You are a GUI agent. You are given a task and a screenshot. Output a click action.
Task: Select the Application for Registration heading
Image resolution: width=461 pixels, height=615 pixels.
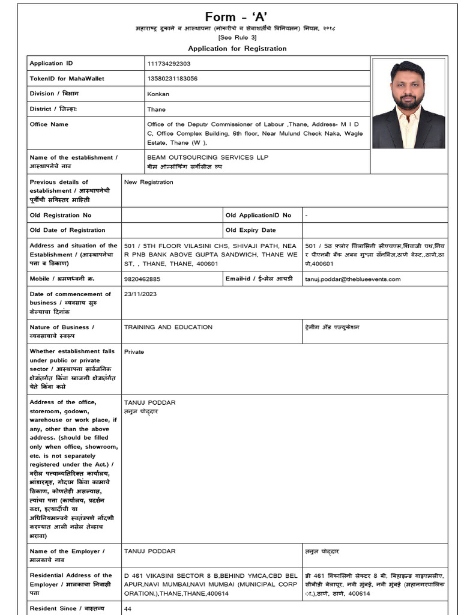(237, 49)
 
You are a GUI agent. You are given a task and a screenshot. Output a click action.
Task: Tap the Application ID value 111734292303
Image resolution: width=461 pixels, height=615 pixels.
(169, 64)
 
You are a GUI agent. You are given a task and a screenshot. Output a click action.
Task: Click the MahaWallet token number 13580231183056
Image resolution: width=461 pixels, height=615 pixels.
(172, 79)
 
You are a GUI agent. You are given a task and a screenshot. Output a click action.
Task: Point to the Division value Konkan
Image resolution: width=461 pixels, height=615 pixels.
(158, 94)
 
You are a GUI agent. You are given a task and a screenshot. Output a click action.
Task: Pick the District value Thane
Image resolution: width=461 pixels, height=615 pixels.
(156, 109)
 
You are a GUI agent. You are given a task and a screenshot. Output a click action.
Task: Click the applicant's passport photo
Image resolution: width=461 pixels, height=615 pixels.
(408, 103)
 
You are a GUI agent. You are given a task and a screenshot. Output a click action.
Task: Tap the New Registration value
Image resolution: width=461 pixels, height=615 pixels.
(148, 182)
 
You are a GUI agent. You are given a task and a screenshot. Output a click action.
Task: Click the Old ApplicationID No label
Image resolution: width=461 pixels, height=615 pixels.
(258, 215)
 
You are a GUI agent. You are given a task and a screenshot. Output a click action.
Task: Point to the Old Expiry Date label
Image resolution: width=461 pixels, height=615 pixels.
(250, 230)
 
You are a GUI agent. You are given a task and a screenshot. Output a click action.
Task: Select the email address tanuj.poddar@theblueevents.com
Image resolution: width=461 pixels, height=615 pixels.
(352, 279)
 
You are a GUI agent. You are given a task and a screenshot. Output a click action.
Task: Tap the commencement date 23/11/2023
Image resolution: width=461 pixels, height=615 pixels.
(139, 294)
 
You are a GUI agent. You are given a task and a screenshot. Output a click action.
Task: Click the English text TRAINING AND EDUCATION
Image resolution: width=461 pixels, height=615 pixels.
(168, 327)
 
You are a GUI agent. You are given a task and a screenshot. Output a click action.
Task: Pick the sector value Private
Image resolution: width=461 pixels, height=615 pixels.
(134, 352)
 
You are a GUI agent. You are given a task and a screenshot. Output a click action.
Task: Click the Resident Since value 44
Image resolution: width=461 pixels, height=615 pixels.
(127, 608)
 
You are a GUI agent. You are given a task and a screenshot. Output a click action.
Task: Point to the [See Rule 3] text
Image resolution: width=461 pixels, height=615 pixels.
(237, 38)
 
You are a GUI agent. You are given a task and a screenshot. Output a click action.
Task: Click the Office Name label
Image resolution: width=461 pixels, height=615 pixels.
(49, 124)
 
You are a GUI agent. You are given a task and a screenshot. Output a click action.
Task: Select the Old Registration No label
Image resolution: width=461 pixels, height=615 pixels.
(61, 215)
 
